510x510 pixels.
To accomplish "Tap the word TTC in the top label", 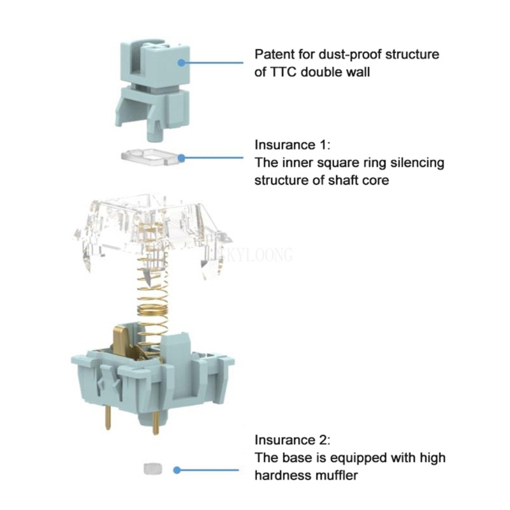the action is click(x=283, y=72).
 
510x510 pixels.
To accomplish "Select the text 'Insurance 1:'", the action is click(x=292, y=145).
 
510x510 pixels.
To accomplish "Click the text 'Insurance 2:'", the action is click(x=292, y=440).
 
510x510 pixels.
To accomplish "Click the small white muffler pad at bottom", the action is click(x=153, y=469).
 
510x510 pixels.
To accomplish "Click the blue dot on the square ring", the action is click(x=182, y=158).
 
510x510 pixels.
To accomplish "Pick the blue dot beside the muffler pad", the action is click(x=177, y=470).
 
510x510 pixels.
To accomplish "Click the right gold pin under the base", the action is click(x=155, y=422).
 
